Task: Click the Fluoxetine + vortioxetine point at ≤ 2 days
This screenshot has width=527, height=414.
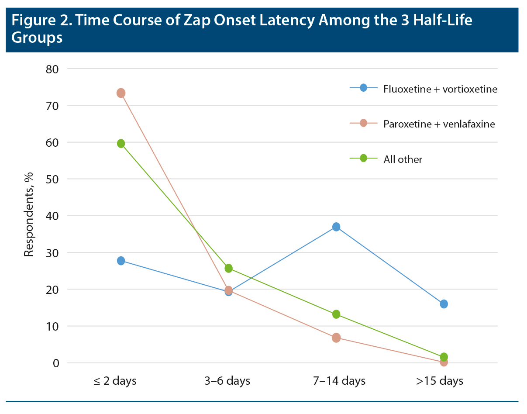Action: pyautogui.click(x=121, y=261)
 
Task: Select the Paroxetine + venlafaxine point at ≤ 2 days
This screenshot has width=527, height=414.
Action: pyautogui.click(x=121, y=93)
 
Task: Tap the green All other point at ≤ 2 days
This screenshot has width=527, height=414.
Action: pyautogui.click(x=121, y=144)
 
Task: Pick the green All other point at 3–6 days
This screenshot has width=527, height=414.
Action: pyautogui.click(x=228, y=268)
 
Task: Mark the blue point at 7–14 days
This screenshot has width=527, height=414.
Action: pyautogui.click(x=336, y=227)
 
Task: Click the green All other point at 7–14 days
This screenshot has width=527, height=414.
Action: pyautogui.click(x=336, y=314)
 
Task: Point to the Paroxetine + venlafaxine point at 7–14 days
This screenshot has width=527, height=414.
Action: pyautogui.click(x=336, y=338)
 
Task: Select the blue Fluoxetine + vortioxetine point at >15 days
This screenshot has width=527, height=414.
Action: pyautogui.click(x=444, y=304)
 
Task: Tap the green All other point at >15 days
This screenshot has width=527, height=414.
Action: pyautogui.click(x=444, y=357)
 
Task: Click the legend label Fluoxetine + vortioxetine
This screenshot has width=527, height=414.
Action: pyautogui.click(x=440, y=89)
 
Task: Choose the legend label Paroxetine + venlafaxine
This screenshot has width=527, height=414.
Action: pyautogui.click(x=439, y=124)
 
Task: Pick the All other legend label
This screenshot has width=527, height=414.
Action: pyautogui.click(x=403, y=159)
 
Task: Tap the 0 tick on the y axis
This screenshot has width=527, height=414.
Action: pyautogui.click(x=56, y=363)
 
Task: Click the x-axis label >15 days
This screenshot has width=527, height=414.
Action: pyautogui.click(x=440, y=381)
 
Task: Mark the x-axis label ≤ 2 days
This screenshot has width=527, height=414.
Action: pyautogui.click(x=115, y=381)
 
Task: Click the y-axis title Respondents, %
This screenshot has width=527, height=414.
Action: pyautogui.click(x=29, y=216)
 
